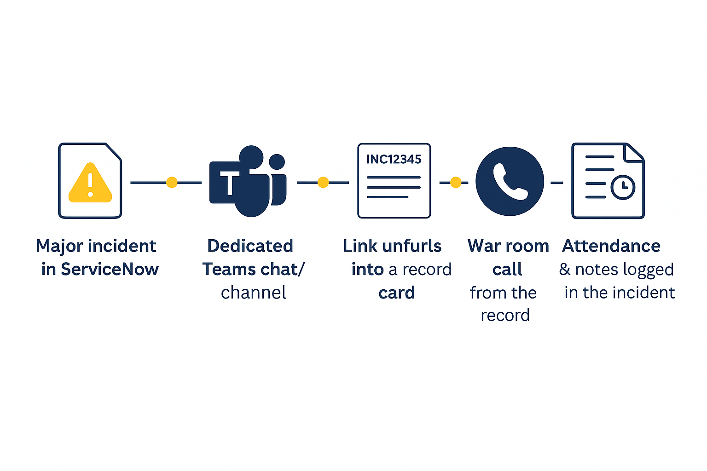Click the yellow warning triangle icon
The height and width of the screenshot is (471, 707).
pos(90,184)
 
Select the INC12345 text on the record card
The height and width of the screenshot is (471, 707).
pos(394,159)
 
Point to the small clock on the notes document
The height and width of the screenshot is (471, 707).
pos(623,187)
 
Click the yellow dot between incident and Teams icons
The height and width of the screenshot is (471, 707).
pos(172,183)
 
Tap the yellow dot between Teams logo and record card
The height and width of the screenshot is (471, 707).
pos(323,183)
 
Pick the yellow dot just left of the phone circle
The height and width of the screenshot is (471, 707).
pos(456,183)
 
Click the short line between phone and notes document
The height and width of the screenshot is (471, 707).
pos(557,183)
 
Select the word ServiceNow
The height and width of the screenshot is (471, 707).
pos(110,269)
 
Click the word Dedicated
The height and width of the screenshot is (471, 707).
pos(250,246)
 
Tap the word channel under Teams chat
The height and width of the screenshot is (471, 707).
pos(253,293)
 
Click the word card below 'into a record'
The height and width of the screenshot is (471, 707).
pos(396,293)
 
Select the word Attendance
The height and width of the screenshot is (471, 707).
pos(611,246)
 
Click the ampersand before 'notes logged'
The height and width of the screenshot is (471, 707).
pos(565,269)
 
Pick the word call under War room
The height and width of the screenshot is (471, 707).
pos(507,269)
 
